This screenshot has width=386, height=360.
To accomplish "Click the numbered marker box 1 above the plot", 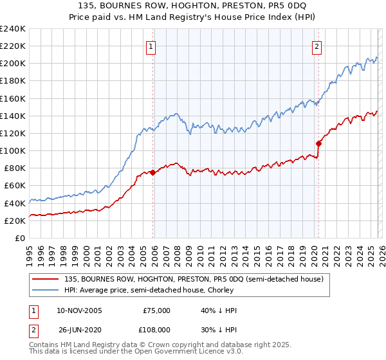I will (x=151, y=46).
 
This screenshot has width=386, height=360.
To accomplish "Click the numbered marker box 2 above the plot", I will (x=318, y=46).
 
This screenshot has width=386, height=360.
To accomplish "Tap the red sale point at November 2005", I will (x=152, y=172).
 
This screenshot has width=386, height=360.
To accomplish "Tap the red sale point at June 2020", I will (x=318, y=143).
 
